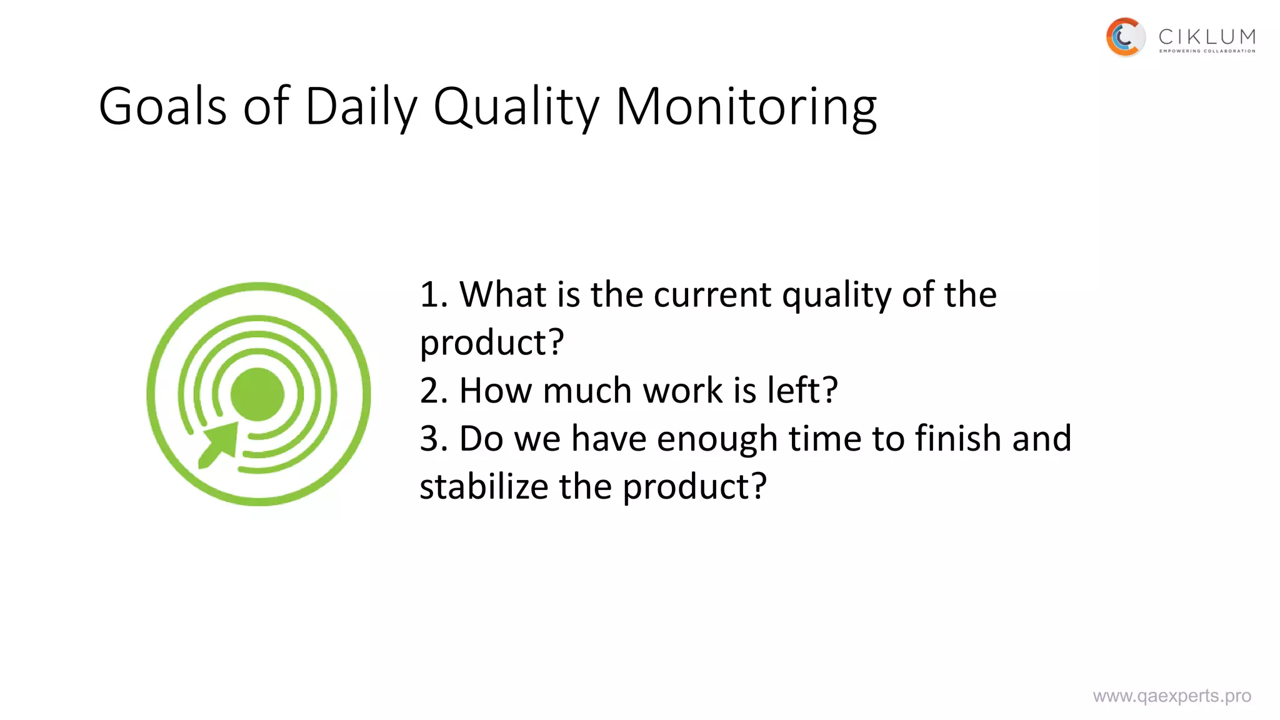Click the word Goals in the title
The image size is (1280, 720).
[162, 107]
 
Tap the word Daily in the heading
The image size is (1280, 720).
[361, 107]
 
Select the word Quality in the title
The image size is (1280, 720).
[516, 107]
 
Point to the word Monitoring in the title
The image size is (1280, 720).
[746, 107]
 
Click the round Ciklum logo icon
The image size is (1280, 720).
[1125, 37]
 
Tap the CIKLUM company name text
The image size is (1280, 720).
[1207, 37]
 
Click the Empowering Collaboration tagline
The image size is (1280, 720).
[1207, 51]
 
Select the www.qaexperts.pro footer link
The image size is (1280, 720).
[1172, 696]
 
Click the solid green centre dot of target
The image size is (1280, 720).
[257, 394]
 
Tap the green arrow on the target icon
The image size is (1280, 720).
[219, 444]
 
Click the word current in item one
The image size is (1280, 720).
[712, 294]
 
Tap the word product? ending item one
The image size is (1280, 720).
[492, 342]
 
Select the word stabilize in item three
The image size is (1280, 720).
[483, 487]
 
